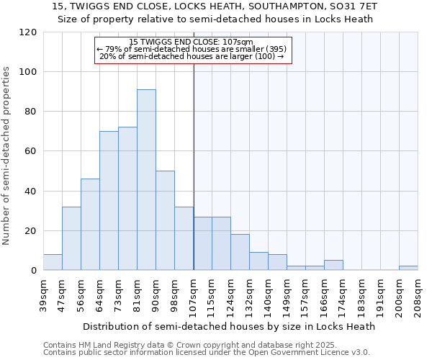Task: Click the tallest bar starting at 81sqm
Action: (146, 180)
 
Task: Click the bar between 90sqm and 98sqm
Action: (165, 221)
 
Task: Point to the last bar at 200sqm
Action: (408, 269)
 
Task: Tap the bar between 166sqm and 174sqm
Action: (333, 266)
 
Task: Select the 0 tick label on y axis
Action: (33, 271)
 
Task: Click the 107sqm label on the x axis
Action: (194, 294)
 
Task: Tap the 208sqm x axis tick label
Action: (418, 294)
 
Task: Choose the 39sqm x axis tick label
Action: (44, 294)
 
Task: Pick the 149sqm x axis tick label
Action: (287, 294)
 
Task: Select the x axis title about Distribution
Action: (229, 326)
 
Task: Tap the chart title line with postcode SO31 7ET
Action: (215, 6)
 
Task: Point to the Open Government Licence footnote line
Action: (207, 353)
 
